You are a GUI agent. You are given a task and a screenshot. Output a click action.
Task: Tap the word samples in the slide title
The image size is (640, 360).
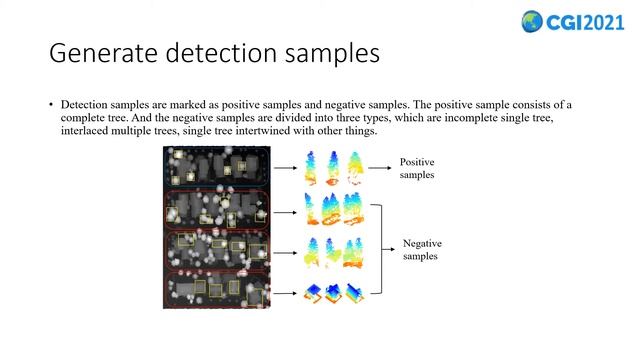pos(325,53)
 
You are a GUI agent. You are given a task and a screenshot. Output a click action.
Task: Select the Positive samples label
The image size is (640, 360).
pos(418,168)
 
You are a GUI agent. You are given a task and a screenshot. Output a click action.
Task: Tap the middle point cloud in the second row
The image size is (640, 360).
pos(333,210)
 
